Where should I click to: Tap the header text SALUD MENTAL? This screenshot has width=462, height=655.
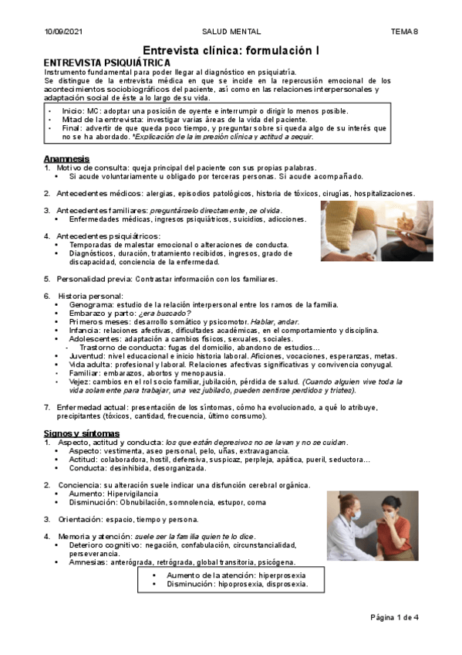(231, 32)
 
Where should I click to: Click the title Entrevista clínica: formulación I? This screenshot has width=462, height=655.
(232, 49)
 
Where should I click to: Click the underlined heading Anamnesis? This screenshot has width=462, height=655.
(66, 158)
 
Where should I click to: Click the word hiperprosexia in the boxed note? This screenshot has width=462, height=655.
(282, 575)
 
